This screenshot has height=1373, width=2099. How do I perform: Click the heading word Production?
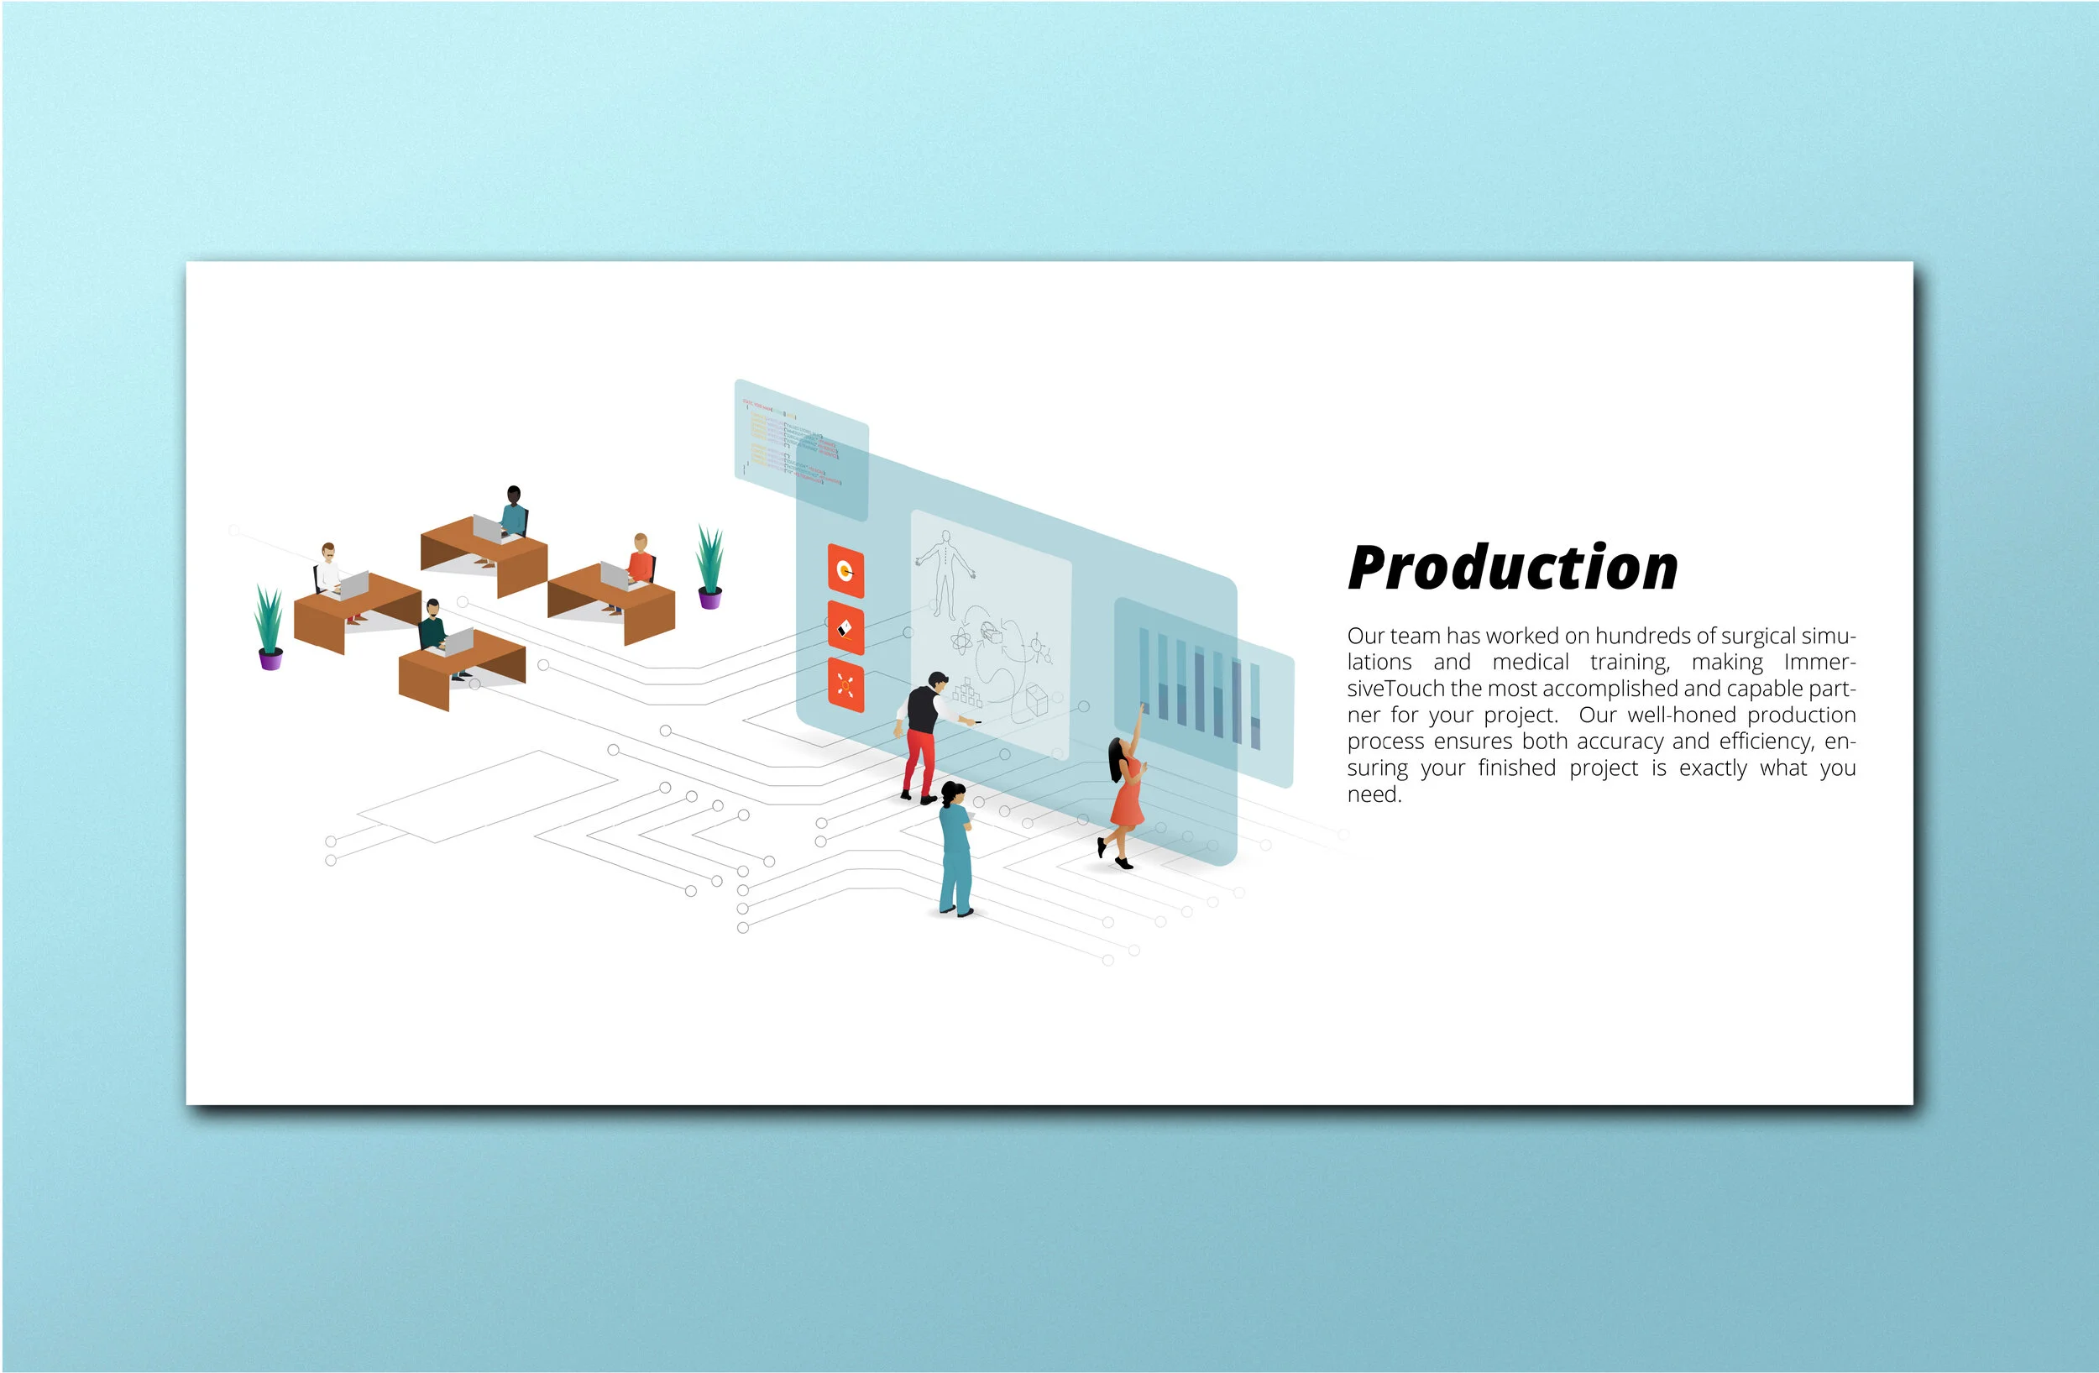click(1511, 568)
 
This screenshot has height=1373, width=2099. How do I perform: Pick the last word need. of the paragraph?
click(1374, 794)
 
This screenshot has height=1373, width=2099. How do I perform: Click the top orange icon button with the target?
click(845, 571)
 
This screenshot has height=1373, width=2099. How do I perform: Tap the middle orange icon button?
click(845, 628)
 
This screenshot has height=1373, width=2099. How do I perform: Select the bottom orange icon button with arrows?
click(845, 685)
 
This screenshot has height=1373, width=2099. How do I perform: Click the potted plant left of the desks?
click(270, 628)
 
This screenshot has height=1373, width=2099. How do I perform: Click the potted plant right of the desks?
click(709, 567)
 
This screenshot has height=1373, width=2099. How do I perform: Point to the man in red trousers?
click(924, 736)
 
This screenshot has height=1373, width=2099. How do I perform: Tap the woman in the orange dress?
click(1125, 798)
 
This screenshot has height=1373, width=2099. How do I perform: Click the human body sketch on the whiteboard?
click(945, 574)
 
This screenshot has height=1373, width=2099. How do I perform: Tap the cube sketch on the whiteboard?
click(1036, 701)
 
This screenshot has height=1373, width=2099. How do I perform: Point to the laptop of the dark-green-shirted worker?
click(458, 642)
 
